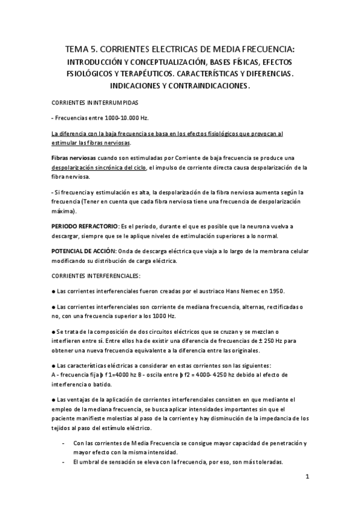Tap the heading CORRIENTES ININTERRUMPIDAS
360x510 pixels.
pyautogui.click(x=91, y=103)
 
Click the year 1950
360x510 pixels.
pyautogui.click(x=275, y=291)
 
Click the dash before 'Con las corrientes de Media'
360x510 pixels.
pyautogui.click(x=64, y=443)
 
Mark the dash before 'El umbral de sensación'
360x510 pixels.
pyautogui.click(x=64, y=462)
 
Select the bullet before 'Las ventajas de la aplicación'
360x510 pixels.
pyautogui.click(x=54, y=399)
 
